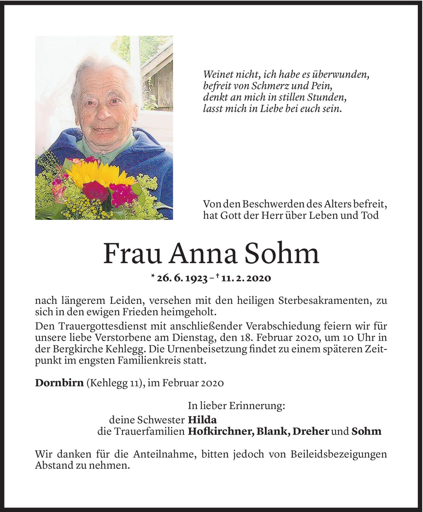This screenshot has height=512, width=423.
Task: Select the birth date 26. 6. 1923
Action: (x=182, y=278)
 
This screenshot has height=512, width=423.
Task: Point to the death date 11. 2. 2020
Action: (x=245, y=278)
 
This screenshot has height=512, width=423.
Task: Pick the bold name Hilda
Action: (x=202, y=420)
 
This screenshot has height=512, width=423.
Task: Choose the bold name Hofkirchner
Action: (x=220, y=432)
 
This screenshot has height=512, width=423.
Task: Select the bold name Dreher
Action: (x=311, y=432)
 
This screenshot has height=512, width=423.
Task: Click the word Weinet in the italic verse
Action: (x=219, y=74)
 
